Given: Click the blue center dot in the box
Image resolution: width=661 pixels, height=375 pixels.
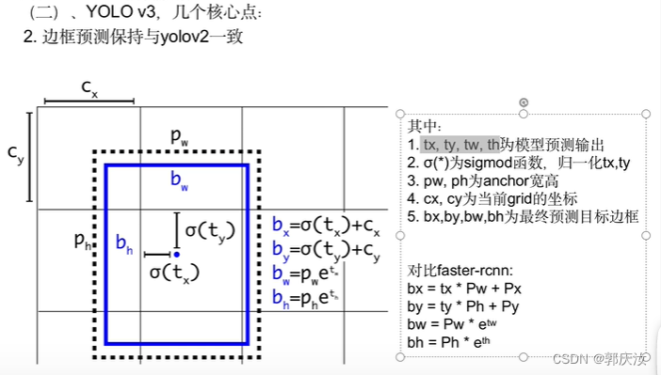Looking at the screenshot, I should pyautogui.click(x=176, y=254).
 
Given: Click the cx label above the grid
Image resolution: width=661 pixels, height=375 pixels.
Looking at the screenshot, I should pyautogui.click(x=89, y=88).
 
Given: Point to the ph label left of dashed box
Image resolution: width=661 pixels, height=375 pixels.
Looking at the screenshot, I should pyautogui.click(x=83, y=241).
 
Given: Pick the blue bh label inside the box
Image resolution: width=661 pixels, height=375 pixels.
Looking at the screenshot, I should pyautogui.click(x=123, y=243).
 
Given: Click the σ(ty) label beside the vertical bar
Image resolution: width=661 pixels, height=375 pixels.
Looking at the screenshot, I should pyautogui.click(x=210, y=229).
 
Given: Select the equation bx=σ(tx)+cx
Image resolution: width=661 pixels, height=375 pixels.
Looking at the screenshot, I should pyautogui.click(x=326, y=227).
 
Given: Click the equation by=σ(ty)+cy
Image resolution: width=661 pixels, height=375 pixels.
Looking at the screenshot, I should pyautogui.click(x=326, y=251).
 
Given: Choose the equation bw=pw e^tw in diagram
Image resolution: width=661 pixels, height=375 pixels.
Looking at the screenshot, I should pyautogui.click(x=305, y=274).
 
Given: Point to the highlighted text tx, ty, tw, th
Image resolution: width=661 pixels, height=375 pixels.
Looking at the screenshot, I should pyautogui.click(x=460, y=145).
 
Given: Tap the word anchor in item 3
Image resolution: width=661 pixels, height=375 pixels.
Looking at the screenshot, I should pyautogui.click(x=507, y=180).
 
